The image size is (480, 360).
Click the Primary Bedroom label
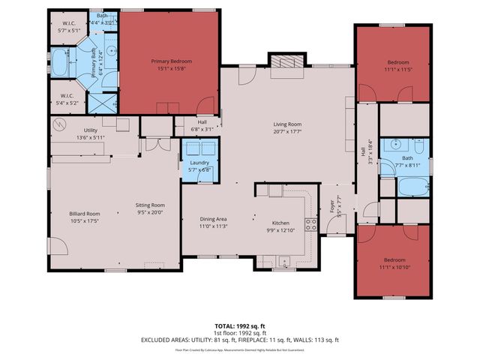pyautogui.click(x=170, y=61)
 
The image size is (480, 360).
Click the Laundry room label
pyautogui.click(x=199, y=163)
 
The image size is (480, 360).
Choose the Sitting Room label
pyautogui.click(x=148, y=205)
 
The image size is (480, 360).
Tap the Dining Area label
pyautogui.click(x=212, y=219)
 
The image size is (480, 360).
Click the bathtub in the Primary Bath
pyautogui.click(x=60, y=63)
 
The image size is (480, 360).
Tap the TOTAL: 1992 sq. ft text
pyautogui.click(x=239, y=325)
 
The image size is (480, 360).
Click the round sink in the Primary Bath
pyautogui.click(x=110, y=52)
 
